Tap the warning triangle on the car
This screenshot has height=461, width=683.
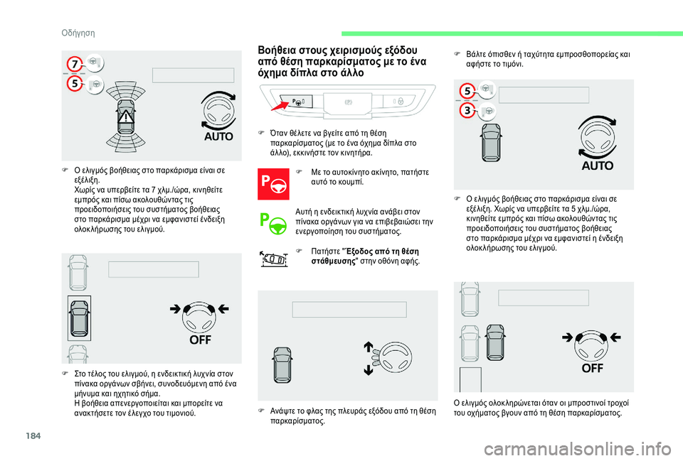coord(126,117)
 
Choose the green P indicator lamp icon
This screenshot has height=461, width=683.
coord(271,222)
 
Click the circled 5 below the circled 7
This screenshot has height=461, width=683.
coord(73,84)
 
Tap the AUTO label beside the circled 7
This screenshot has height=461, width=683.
coord(218,135)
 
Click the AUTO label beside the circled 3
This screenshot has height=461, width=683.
coord(597,166)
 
